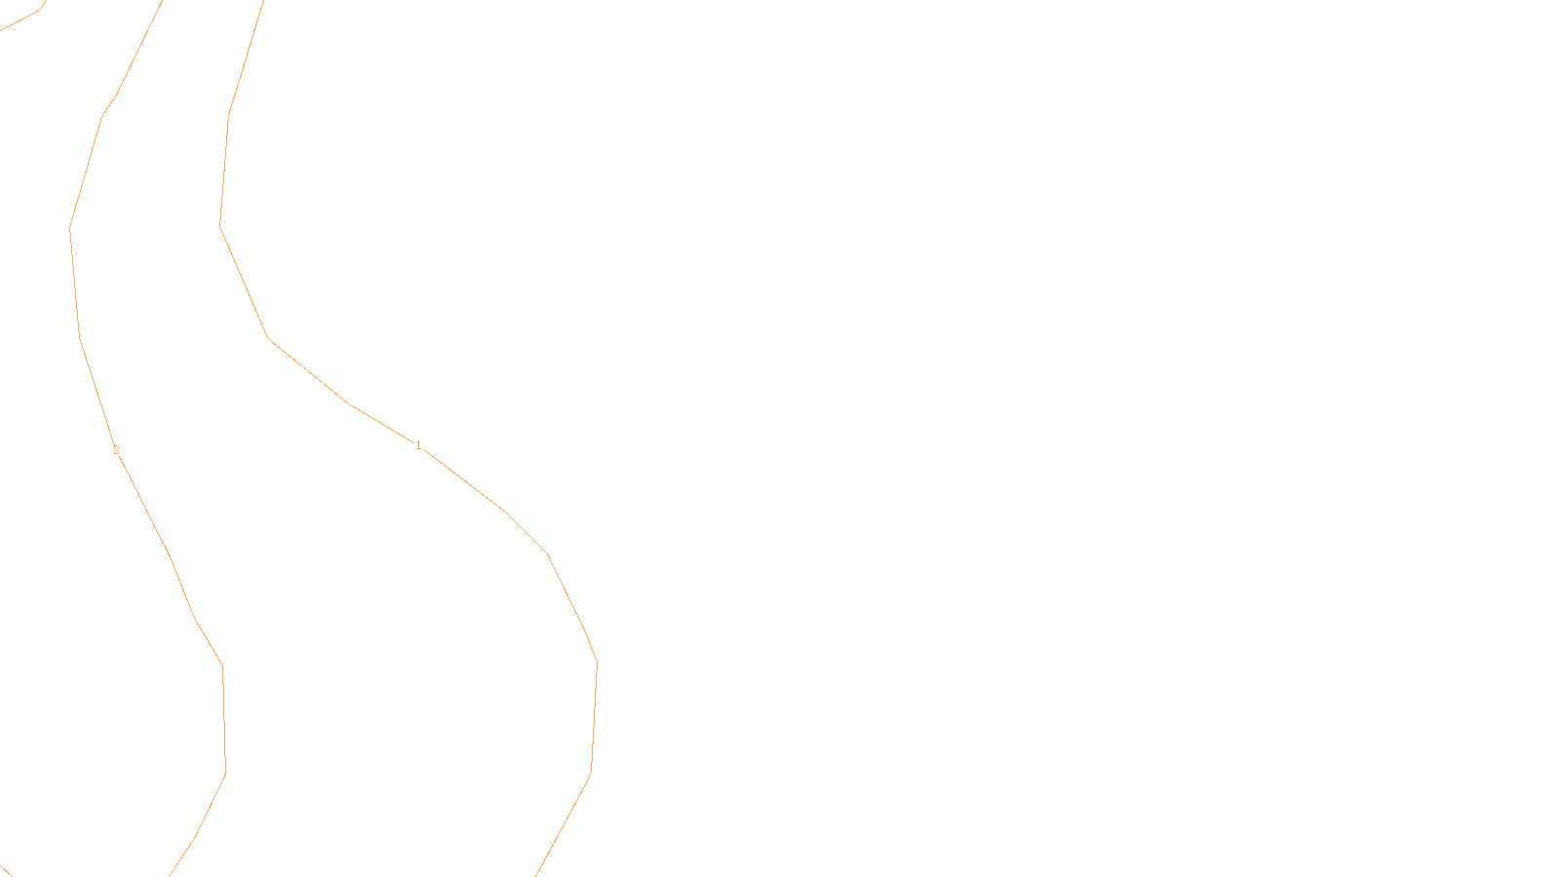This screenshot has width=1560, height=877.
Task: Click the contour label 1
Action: pyautogui.click(x=418, y=445)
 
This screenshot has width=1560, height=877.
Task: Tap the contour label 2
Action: pyautogui.click(x=116, y=450)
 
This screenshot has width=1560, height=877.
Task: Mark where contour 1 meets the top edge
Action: pyautogui.click(x=263, y=1)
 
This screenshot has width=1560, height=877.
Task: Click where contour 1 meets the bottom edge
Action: pyautogui.click(x=536, y=875)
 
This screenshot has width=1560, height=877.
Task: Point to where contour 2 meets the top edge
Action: pyautogui.click(x=162, y=1)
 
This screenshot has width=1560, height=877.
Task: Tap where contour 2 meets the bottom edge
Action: pyautogui.click(x=170, y=875)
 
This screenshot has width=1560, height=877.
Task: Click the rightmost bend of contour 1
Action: pyautogui.click(x=597, y=664)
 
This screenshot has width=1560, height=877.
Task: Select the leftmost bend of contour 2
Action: pyautogui.click(x=70, y=229)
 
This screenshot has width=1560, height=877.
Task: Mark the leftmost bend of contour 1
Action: pyautogui.click(x=220, y=225)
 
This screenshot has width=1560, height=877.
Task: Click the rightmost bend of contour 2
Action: pyautogui.click(x=226, y=775)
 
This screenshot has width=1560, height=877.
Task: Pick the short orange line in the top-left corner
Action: pyautogui.click(x=21, y=19)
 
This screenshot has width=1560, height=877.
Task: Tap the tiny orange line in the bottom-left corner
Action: pyautogui.click(x=5, y=871)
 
